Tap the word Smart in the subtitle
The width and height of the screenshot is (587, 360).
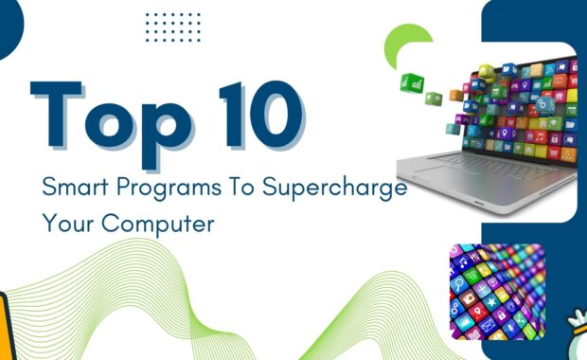(x=70, y=187)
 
